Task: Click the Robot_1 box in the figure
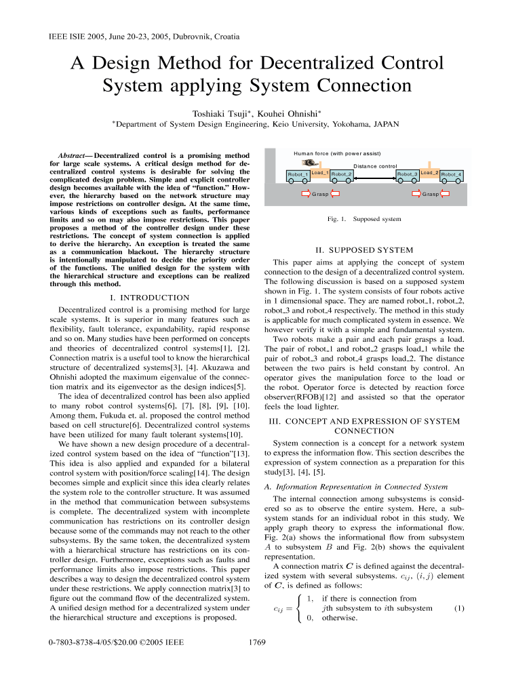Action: pyautogui.click(x=298, y=176)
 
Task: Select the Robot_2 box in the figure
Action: pyautogui.click(x=341, y=176)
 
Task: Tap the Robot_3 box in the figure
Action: pyautogui.click(x=407, y=176)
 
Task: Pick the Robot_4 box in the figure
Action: pyautogui.click(x=451, y=176)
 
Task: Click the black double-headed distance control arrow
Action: pyautogui.click(x=374, y=176)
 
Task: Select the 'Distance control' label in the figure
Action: pyautogui.click(x=375, y=166)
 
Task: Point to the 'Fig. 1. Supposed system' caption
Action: pyautogui.click(x=363, y=219)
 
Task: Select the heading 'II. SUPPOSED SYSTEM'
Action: pyautogui.click(x=364, y=250)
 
